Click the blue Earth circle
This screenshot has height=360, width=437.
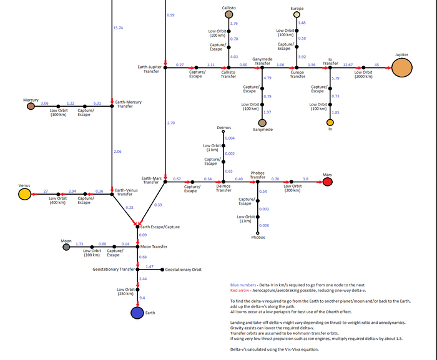(138, 313)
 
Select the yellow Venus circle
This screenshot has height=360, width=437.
(24, 195)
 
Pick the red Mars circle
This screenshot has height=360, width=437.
(327, 182)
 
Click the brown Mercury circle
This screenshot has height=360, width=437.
(30, 106)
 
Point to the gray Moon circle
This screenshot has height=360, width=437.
(66, 247)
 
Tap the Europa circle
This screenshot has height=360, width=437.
(298, 15)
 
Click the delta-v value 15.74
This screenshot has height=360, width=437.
(118, 27)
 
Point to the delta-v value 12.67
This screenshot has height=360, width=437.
(348, 64)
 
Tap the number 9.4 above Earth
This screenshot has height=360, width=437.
(143, 298)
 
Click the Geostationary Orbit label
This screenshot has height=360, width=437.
(184, 270)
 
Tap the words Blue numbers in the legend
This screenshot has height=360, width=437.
(243, 284)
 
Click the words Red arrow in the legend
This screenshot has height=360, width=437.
(241, 290)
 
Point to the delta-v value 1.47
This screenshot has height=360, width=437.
(149, 266)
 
